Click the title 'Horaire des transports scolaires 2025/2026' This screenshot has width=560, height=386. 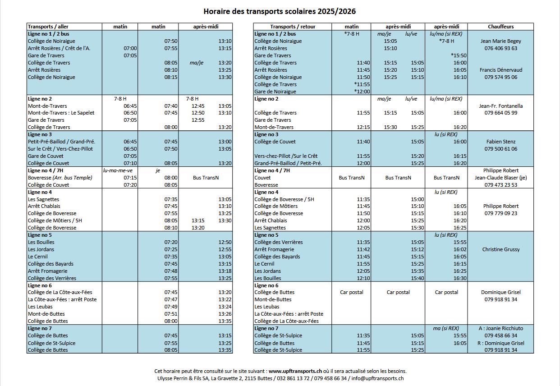(283, 11)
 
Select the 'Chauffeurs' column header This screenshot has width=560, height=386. (500, 27)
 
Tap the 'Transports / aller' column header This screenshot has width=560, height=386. (48, 27)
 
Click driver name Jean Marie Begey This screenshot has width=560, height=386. (500, 41)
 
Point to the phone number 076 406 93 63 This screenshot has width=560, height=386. (500, 48)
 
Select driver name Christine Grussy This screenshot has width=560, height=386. (500, 249)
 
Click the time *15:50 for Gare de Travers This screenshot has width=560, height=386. (459, 55)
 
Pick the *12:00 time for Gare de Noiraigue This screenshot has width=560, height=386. (362, 92)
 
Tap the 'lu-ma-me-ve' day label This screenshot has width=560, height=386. (118, 170)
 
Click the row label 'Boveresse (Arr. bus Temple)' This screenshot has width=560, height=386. (60, 178)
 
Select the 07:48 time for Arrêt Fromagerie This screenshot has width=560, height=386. (171, 271)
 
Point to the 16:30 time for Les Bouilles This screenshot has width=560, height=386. (460, 278)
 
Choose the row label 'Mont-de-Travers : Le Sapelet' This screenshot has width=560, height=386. (61, 113)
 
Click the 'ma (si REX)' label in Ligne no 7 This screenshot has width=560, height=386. (445, 328)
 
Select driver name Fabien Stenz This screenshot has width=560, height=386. (500, 142)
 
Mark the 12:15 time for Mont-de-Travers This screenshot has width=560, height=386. (363, 127)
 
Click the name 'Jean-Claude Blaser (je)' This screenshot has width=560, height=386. (500, 178)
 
